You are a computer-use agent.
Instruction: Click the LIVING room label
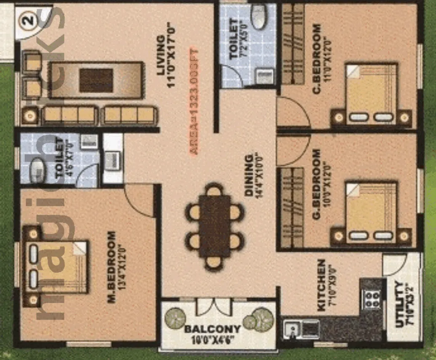click(x=160, y=55)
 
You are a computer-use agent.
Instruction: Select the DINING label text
click(x=249, y=175)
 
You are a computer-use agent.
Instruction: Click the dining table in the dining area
click(x=215, y=226)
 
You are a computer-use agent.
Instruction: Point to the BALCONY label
click(x=212, y=329)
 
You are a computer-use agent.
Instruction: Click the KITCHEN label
click(x=321, y=285)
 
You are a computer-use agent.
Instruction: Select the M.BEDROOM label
click(x=112, y=267)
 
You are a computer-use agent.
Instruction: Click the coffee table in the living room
click(x=96, y=80)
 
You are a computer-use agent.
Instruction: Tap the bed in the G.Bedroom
click(x=371, y=213)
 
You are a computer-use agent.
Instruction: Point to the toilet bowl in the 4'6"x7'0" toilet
click(x=38, y=165)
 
